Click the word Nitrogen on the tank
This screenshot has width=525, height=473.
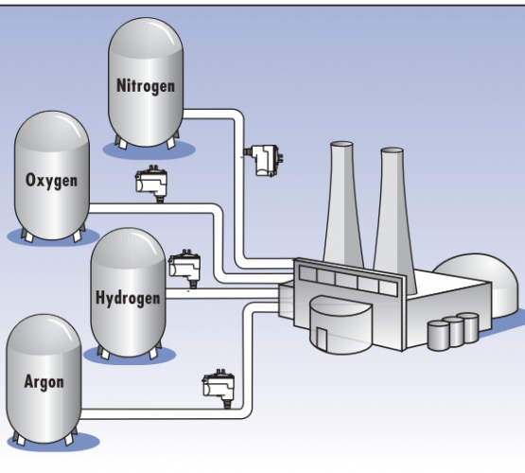(146, 86)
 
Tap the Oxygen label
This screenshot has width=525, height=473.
(52, 181)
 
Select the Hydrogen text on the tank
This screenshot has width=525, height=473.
(128, 298)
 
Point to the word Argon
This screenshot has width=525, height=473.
(44, 382)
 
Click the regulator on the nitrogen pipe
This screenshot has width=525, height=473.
(264, 160)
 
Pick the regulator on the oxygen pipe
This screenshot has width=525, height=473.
(151, 184)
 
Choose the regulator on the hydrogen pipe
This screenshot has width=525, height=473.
(184, 268)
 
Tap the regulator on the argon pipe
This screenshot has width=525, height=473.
(219, 388)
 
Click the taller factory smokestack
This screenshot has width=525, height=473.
(342, 204)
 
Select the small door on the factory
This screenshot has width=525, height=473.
(322, 338)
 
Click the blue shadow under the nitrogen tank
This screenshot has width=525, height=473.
(149, 149)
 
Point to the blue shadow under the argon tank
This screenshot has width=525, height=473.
(54, 442)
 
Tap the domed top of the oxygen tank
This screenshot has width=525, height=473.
(52, 129)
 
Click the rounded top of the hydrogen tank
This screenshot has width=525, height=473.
(129, 246)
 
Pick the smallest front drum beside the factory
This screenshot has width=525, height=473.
(438, 336)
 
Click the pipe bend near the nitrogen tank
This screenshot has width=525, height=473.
(237, 114)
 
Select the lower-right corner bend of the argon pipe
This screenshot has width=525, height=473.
(246, 412)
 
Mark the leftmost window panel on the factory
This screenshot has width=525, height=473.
(308, 273)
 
